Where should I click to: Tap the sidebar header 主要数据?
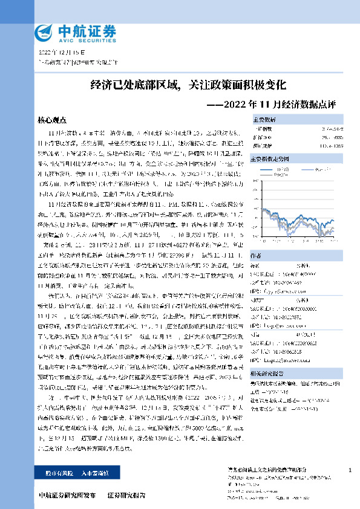[263, 120]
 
